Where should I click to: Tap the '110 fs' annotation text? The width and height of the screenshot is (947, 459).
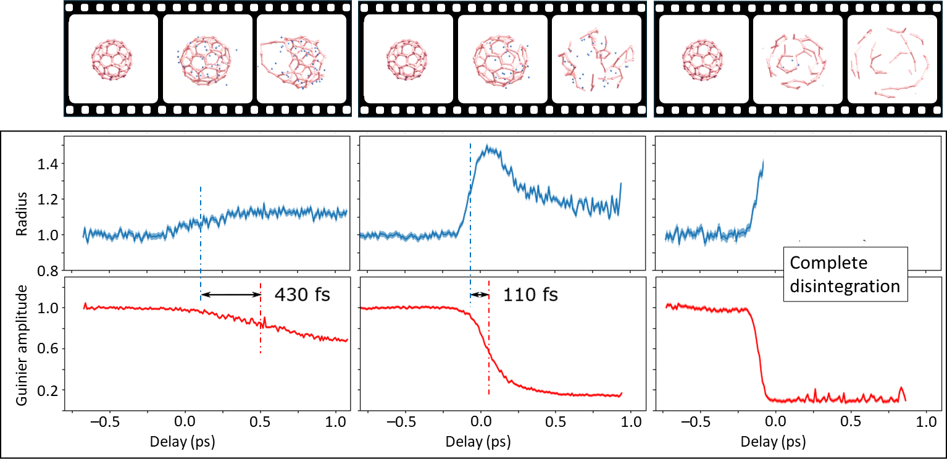click(530, 295)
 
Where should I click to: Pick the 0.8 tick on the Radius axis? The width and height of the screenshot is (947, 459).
click(48, 271)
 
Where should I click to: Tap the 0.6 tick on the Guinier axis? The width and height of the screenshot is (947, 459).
click(48, 349)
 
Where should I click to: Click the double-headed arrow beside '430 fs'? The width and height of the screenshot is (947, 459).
click(231, 295)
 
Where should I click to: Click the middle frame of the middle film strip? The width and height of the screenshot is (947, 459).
click(503, 59)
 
